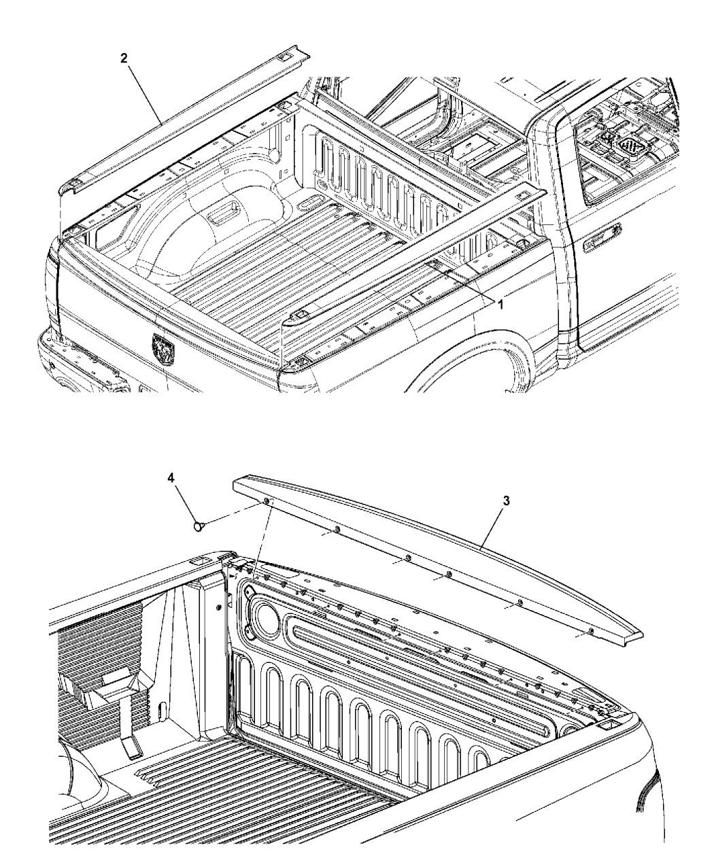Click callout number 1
500,305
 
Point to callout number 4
172,479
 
